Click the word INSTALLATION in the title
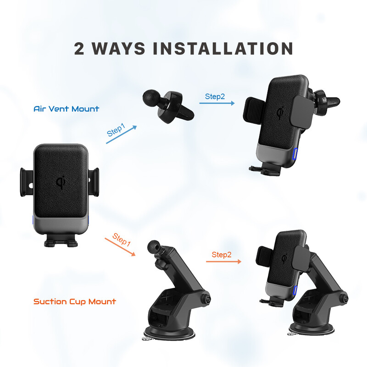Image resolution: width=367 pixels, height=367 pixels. click(223, 49)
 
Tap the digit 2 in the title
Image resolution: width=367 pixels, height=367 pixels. click(79, 49)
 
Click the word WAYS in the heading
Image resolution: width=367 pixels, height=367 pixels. click(118, 49)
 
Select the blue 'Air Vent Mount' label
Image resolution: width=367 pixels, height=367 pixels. click(66, 109)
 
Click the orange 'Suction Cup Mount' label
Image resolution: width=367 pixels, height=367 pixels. click(75, 301)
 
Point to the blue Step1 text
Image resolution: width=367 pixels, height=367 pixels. click(116, 130)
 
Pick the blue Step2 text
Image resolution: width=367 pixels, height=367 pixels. click(215, 96)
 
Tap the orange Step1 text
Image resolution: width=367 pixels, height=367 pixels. click(121, 239)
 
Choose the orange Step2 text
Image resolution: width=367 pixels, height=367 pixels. click(222, 255)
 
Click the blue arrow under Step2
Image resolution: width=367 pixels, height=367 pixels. click(217, 103)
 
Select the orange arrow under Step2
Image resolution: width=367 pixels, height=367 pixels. click(223, 261)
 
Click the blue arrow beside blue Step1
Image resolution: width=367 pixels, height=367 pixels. click(121, 134)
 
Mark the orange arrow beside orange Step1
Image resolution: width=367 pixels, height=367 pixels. click(120, 247)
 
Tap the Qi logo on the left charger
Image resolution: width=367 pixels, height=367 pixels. click(61, 182)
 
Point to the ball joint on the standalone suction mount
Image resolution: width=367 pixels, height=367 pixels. click(154, 247)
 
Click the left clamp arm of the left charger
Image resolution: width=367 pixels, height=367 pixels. click(27, 182)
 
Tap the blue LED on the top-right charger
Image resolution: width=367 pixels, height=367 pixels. click(295, 154)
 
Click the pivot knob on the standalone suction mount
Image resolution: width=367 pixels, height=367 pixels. click(206, 299)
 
